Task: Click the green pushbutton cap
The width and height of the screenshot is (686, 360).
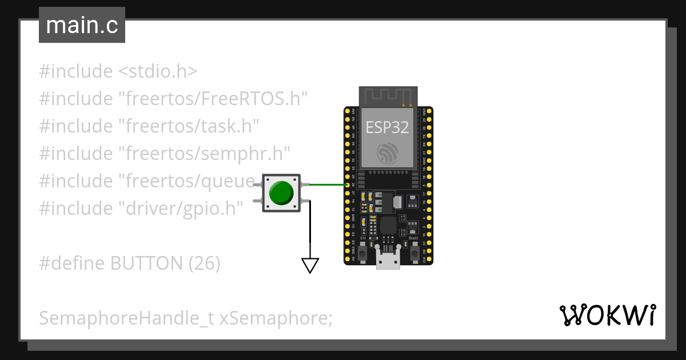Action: click(x=281, y=193)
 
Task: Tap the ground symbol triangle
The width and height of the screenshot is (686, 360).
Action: click(x=310, y=266)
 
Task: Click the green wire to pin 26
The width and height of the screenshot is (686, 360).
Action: click(x=329, y=185)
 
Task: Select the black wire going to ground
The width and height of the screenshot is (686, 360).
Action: click(x=310, y=229)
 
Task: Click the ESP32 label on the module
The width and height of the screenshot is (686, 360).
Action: click(x=388, y=127)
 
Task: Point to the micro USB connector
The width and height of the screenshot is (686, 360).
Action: click(x=388, y=260)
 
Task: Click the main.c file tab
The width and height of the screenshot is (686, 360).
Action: click(x=82, y=26)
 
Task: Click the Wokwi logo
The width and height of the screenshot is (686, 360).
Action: click(x=607, y=315)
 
